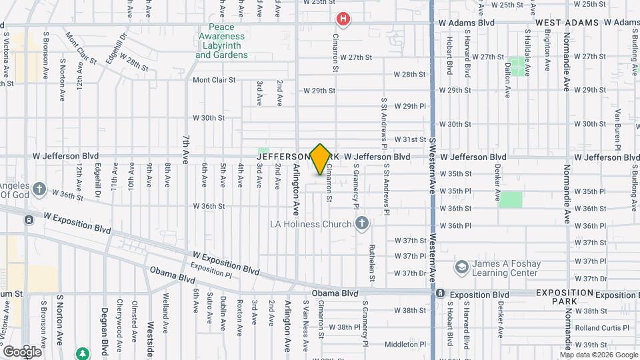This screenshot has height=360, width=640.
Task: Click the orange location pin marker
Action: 320,159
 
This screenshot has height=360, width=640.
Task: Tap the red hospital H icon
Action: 343,19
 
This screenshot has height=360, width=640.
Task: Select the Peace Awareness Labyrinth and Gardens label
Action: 221,45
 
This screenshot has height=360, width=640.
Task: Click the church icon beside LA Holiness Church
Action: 362,224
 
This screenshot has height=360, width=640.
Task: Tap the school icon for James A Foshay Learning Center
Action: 461,267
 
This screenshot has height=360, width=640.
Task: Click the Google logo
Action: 22,351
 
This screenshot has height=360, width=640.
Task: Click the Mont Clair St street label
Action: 214,80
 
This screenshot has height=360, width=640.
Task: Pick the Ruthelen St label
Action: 372,261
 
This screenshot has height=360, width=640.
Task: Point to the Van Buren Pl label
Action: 617,124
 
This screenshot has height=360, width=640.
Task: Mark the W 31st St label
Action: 410,139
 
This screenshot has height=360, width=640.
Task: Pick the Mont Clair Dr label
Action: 77,46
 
